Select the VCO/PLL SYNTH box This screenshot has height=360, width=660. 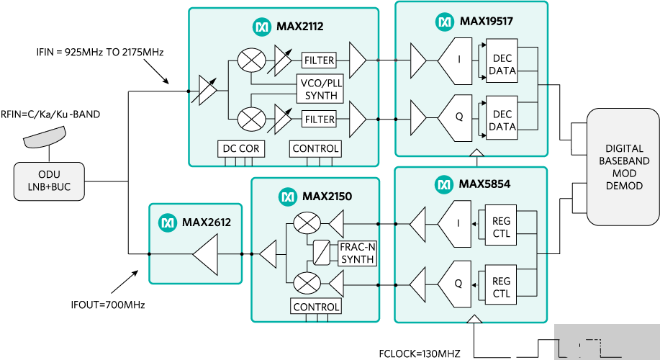(x=320, y=89)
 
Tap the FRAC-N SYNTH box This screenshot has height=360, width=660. (x=357, y=253)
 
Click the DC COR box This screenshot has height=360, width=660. (x=240, y=149)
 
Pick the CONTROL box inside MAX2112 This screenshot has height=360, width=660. (x=315, y=149)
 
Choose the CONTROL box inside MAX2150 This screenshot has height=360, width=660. (x=315, y=307)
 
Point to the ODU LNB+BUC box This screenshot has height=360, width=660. (x=49, y=181)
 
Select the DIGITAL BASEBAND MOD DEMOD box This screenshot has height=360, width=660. (x=623, y=167)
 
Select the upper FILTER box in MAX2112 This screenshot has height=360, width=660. (x=320, y=60)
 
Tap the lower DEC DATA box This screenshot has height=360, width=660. (x=502, y=120)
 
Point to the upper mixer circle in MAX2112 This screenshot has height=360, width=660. (x=252, y=60)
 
